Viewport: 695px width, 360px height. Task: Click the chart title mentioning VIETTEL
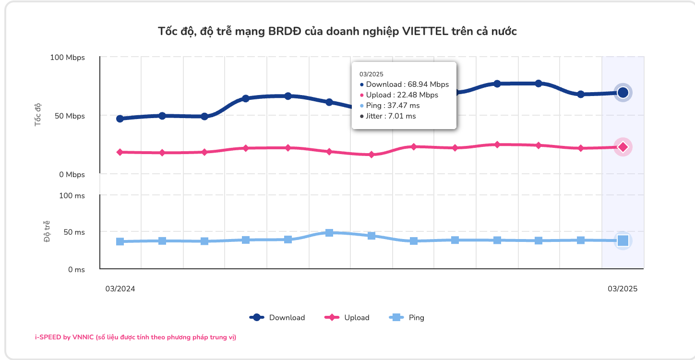tap(337, 32)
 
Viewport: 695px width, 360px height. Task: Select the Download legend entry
tap(277, 317)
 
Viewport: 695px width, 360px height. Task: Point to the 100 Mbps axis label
tap(67, 58)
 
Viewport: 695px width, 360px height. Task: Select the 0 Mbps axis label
tap(72, 175)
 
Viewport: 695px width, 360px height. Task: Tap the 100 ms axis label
tap(72, 196)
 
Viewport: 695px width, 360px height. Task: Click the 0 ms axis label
tap(76, 270)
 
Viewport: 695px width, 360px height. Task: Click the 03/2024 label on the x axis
tap(120, 289)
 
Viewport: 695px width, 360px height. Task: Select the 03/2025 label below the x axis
tap(623, 289)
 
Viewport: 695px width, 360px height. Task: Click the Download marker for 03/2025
tap(623, 93)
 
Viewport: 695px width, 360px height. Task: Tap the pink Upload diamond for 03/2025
tap(623, 147)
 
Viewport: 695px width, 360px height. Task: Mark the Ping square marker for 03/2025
tap(623, 240)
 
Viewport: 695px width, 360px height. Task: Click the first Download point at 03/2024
tap(120, 119)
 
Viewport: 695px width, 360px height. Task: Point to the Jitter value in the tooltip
tap(391, 116)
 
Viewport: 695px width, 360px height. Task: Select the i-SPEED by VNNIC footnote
tap(135, 337)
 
